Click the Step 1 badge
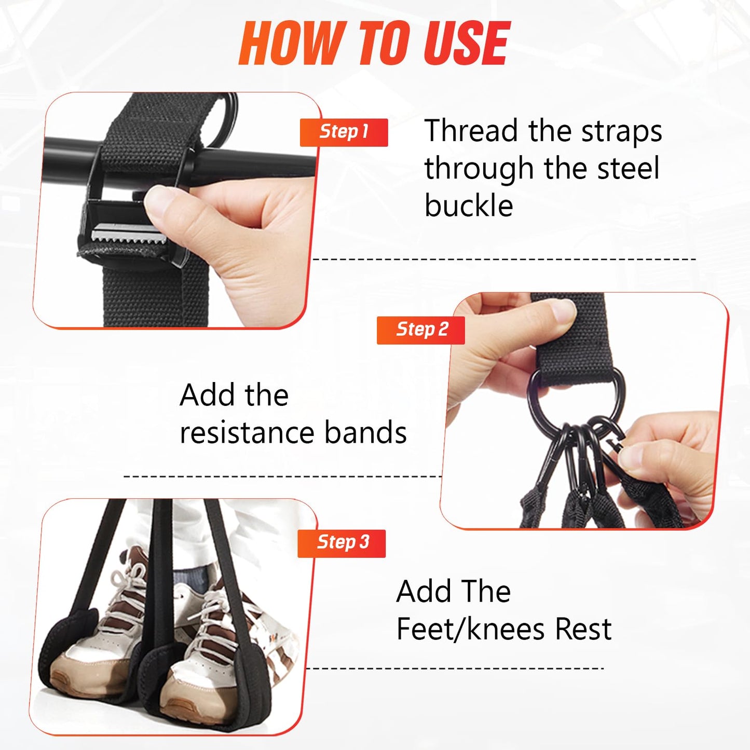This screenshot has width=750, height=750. [x=344, y=132]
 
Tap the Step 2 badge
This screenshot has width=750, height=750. [x=421, y=330]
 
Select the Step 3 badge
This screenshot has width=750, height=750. [x=342, y=543]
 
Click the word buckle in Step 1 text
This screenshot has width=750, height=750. [x=469, y=206]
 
